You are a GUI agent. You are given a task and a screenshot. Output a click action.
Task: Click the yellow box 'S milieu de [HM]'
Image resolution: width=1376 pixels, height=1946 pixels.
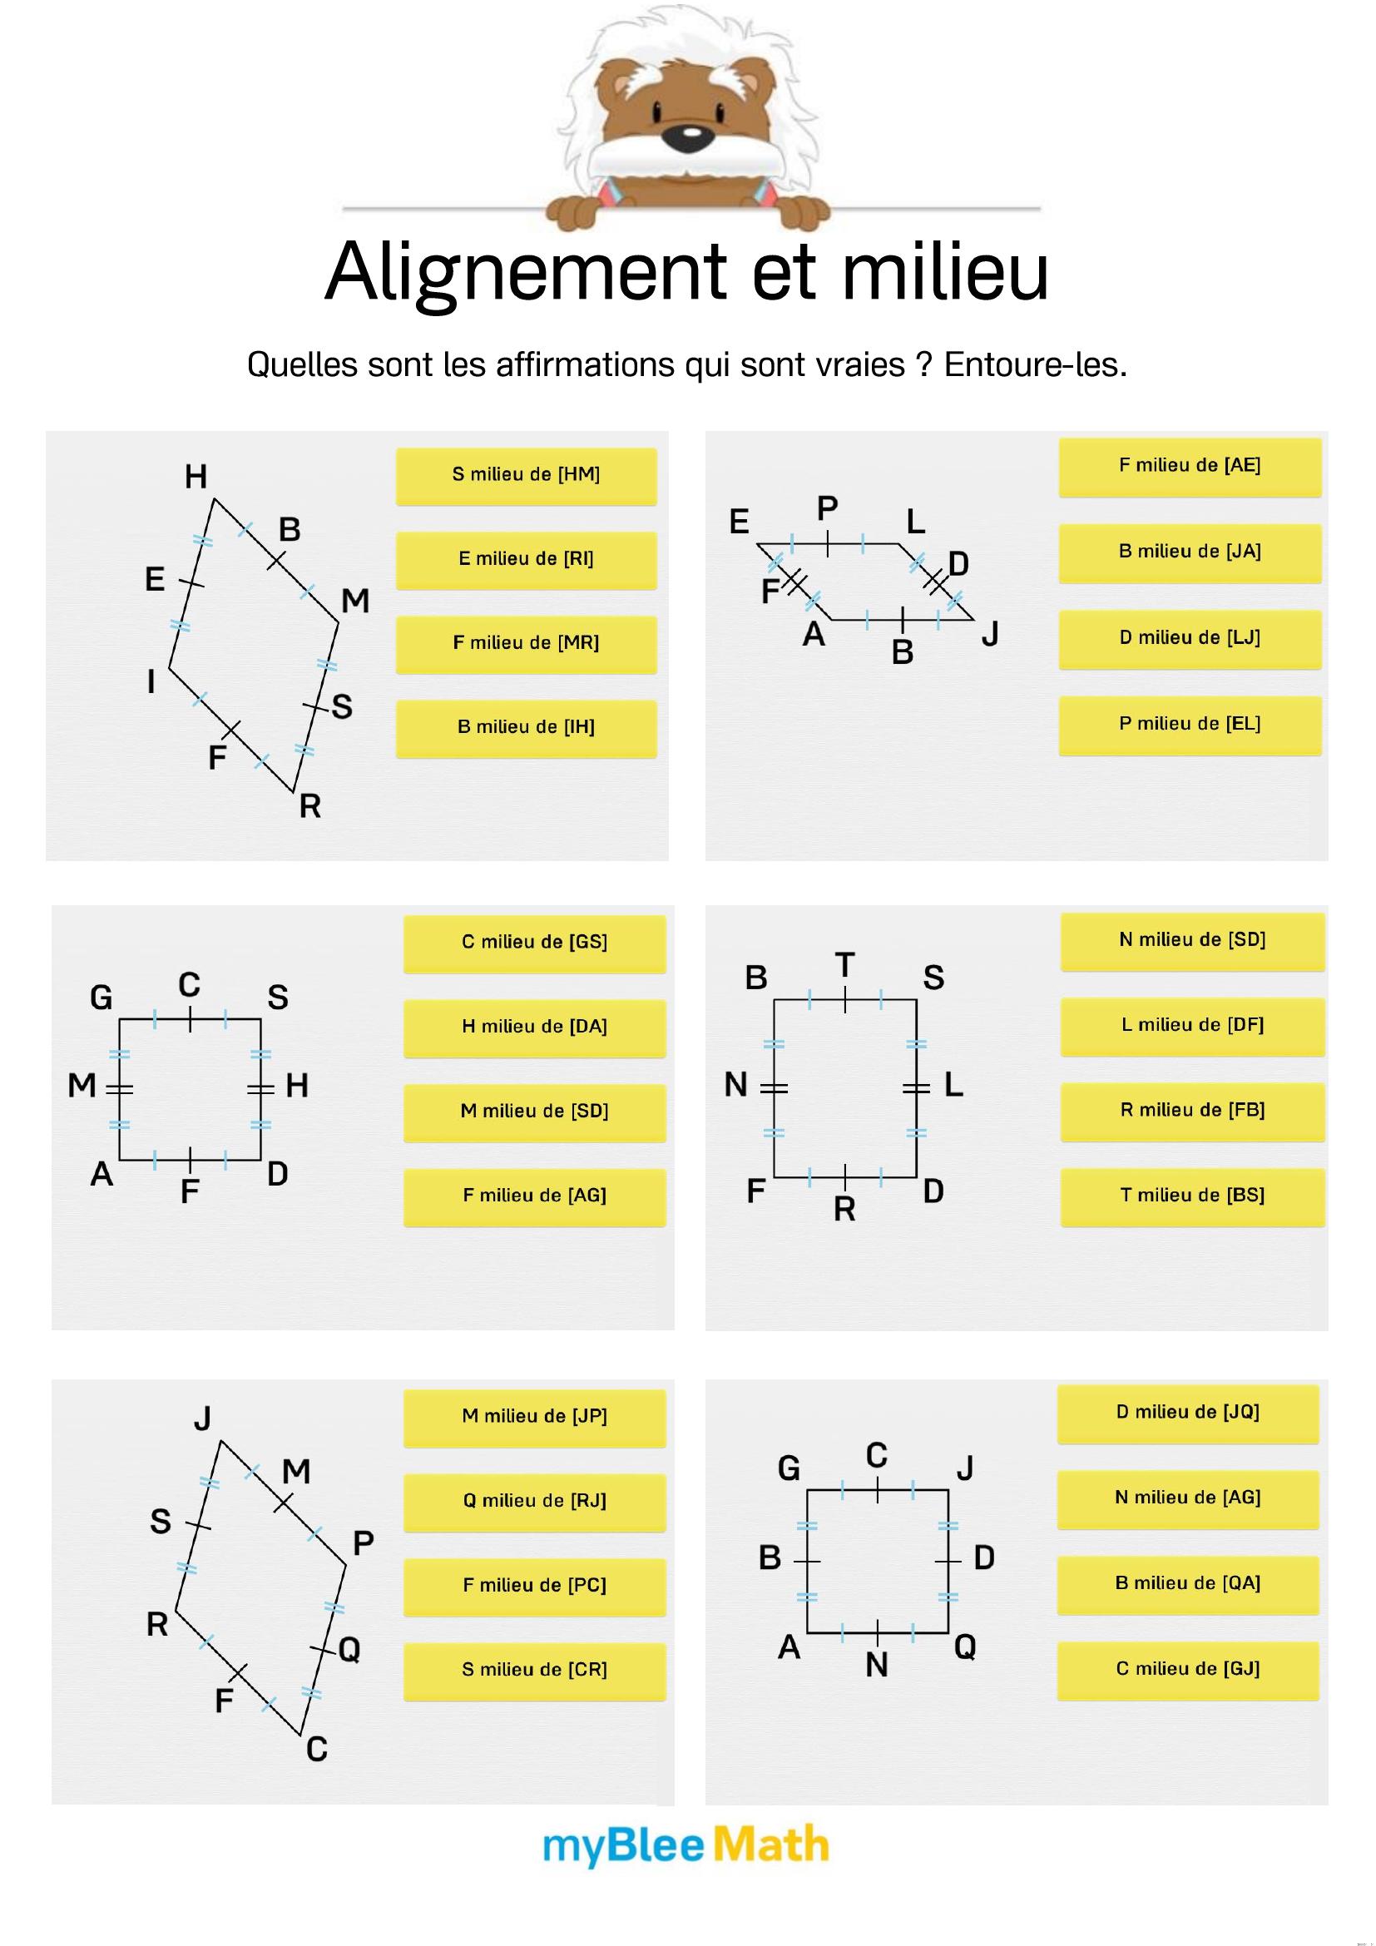pyautogui.click(x=526, y=476)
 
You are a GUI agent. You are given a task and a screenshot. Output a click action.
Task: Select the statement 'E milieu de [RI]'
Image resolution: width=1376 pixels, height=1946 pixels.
pyautogui.click(x=526, y=559)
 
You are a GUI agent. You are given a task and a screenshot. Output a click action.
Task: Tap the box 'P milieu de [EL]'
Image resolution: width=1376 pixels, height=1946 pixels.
pyautogui.click(x=1190, y=725)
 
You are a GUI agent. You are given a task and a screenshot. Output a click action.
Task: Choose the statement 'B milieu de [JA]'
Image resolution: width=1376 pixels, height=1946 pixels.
pyautogui.click(x=1190, y=552)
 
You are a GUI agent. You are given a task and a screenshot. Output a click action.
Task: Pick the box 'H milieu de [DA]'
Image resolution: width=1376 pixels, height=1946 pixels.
pyautogui.click(x=535, y=1028)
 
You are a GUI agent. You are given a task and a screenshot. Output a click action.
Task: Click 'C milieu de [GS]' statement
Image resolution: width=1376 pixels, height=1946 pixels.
pyautogui.click(x=535, y=943)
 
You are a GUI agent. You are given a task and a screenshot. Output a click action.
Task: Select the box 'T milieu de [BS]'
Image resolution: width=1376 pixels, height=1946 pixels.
pyautogui.click(x=1192, y=1196)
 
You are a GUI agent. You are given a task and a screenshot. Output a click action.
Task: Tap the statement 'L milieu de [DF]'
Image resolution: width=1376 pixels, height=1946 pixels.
pyautogui.click(x=1192, y=1027)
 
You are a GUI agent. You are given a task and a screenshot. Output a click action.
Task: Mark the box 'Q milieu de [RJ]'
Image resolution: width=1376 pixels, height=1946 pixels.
pyautogui.click(x=535, y=1502)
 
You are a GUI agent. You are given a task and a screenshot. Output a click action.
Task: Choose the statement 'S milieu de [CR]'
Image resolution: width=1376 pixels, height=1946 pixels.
pyautogui.click(x=535, y=1671)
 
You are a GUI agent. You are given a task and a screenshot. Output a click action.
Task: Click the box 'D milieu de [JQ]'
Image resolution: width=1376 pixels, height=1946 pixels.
pyautogui.click(x=1188, y=1414)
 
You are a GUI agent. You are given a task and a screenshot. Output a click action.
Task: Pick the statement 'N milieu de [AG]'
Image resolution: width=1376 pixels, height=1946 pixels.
pyautogui.click(x=1188, y=1499)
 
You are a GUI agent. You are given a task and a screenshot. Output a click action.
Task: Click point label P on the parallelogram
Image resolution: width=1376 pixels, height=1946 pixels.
pyautogui.click(x=828, y=508)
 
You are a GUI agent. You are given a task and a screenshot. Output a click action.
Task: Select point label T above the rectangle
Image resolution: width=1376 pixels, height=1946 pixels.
pyautogui.click(x=844, y=964)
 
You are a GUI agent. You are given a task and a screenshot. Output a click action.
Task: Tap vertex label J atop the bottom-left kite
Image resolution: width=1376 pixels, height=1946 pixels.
pyautogui.click(x=202, y=1418)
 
